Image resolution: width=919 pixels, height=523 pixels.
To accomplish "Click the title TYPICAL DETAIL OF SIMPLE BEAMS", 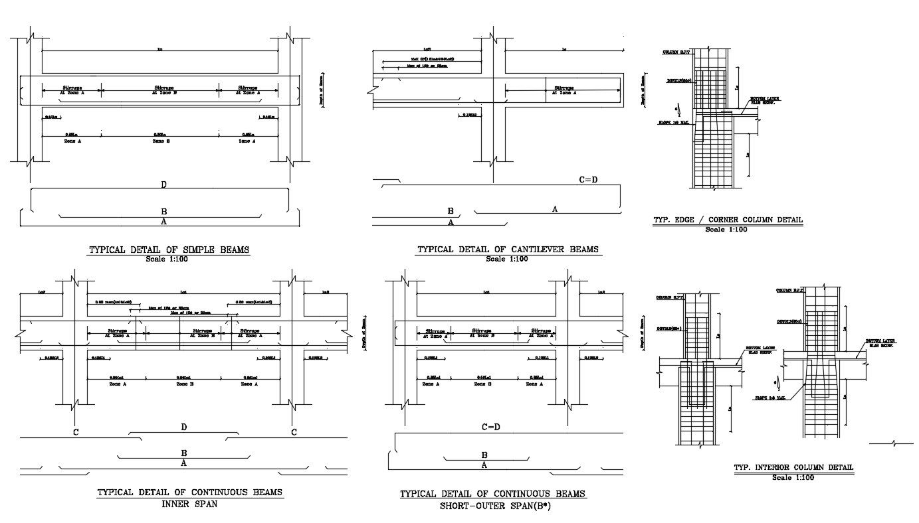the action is (x=169, y=250).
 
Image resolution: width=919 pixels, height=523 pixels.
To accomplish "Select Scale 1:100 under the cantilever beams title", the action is (x=507, y=259).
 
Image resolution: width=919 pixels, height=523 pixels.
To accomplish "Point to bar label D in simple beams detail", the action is (x=163, y=185).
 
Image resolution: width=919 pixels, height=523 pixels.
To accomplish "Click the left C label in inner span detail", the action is (x=76, y=433).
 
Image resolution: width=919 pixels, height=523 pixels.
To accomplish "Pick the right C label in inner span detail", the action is (x=294, y=433).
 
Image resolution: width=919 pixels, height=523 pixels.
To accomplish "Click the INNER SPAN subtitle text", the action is (x=189, y=504).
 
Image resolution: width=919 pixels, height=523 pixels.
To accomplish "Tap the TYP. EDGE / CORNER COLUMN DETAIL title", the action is (x=728, y=220).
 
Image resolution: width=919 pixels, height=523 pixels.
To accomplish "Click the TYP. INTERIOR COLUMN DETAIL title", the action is (x=793, y=468).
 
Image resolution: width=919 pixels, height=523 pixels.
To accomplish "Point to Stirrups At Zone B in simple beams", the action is (x=162, y=90).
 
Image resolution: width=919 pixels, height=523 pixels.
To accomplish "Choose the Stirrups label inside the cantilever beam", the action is (x=564, y=90).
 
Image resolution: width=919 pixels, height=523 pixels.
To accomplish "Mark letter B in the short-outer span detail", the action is (x=484, y=455).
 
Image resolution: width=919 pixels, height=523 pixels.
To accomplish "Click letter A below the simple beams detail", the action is (x=163, y=222).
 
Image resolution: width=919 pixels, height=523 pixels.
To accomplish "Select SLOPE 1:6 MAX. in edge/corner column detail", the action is (x=675, y=123).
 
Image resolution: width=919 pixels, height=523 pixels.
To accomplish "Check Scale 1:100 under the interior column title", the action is (x=793, y=477).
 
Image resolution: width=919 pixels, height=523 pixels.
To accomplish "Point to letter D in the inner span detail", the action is (x=184, y=427).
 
